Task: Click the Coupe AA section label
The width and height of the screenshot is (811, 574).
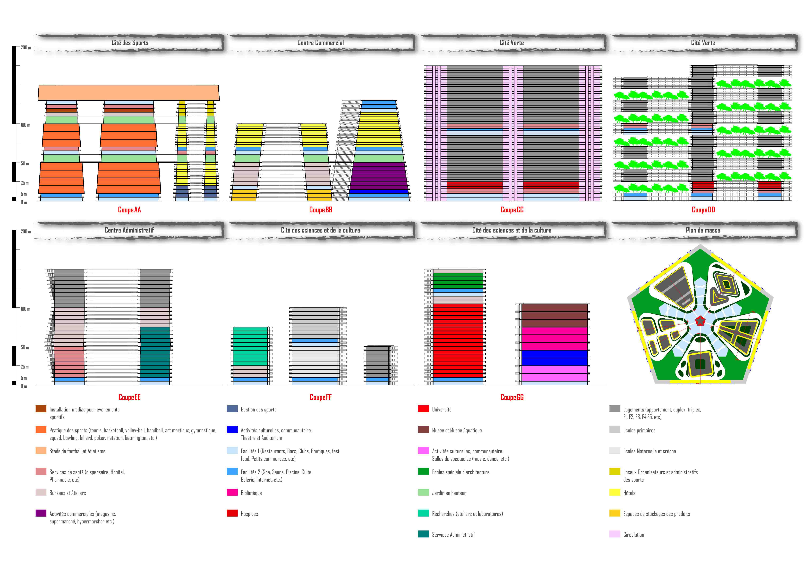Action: click(x=129, y=210)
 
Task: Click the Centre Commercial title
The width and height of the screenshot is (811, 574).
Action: click(x=320, y=43)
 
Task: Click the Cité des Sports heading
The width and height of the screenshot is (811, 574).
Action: click(x=130, y=43)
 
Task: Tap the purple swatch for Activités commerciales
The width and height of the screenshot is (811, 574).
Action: click(x=41, y=513)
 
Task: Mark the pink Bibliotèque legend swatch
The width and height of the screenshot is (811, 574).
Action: click(x=232, y=492)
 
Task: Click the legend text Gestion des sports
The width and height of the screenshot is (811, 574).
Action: click(x=259, y=410)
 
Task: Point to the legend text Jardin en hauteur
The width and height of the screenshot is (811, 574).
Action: click(x=449, y=493)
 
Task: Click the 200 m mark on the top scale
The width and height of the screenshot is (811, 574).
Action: click(x=26, y=48)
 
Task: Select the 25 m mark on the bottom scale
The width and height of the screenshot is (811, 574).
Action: click(x=25, y=367)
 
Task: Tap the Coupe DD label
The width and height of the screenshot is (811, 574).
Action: click(x=703, y=210)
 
